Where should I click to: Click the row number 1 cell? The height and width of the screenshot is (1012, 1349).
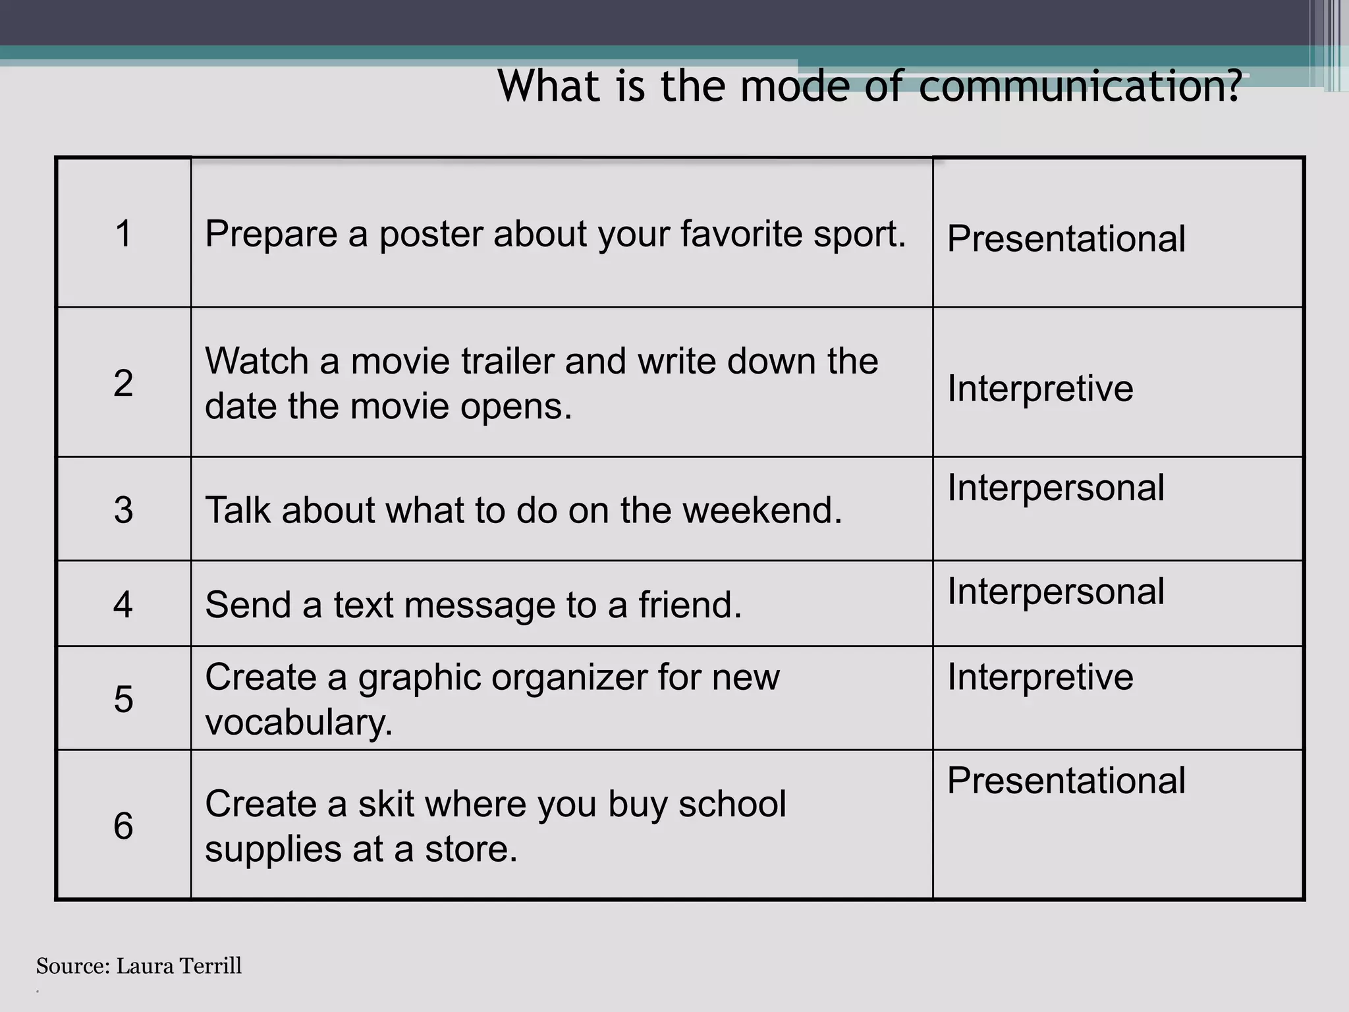(x=124, y=233)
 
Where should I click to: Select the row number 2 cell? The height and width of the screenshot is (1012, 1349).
(x=124, y=383)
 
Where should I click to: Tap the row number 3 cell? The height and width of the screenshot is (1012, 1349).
(x=124, y=510)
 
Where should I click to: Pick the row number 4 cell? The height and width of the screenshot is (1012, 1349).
(x=124, y=604)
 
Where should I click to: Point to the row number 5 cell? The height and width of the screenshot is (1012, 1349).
(x=124, y=699)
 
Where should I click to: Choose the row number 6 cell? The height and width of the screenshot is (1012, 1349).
(x=124, y=826)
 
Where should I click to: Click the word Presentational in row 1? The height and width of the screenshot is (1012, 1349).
(x=1066, y=239)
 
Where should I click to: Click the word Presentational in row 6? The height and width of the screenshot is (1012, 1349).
(x=1066, y=781)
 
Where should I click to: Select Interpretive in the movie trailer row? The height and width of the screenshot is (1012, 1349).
(x=1040, y=388)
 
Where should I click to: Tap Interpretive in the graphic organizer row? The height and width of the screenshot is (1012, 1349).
(x=1040, y=677)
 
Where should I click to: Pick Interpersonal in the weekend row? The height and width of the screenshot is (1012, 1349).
(x=1056, y=488)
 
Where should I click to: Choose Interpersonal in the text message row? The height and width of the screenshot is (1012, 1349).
(x=1056, y=592)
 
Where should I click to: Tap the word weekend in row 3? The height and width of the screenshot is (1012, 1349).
(x=762, y=511)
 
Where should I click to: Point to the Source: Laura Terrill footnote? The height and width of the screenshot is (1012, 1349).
(x=139, y=966)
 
